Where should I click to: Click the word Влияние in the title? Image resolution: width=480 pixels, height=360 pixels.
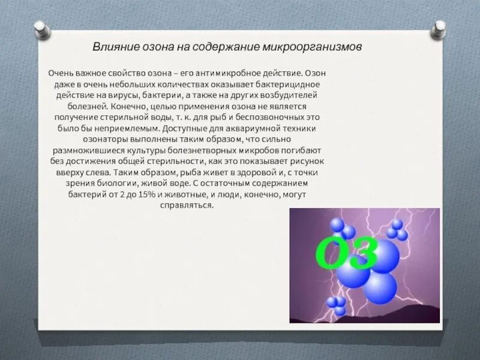click(112, 47)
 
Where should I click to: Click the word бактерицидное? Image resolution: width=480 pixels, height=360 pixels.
click(283, 84)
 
